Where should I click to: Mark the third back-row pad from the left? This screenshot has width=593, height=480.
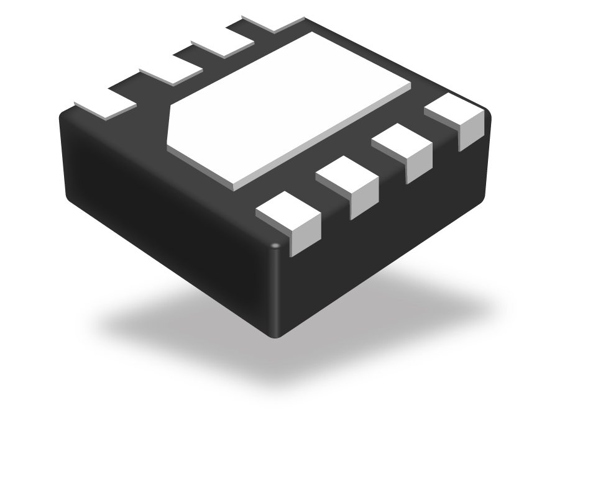click(x=221, y=43)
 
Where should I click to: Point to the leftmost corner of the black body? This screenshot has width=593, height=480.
click(x=62, y=118)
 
